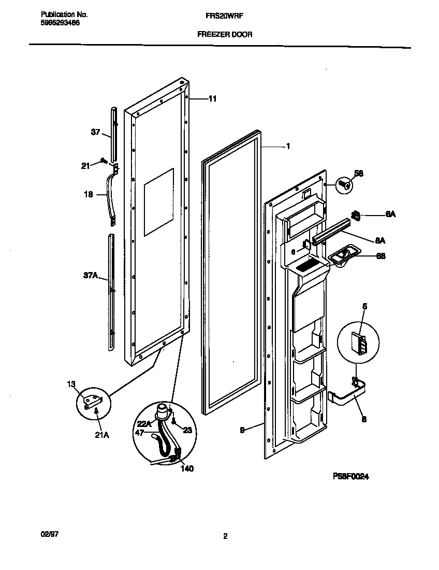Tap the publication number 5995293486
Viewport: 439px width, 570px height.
coord(60,23)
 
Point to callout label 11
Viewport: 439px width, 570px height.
coord(212,98)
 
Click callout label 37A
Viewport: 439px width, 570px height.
coord(91,276)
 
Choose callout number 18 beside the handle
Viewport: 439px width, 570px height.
coord(88,195)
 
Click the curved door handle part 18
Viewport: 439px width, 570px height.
coord(110,197)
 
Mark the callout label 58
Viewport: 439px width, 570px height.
coord(359,173)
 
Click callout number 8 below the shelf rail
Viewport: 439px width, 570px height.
coord(364,419)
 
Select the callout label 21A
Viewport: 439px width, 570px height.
coord(102,435)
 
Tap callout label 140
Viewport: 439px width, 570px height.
coord(186,468)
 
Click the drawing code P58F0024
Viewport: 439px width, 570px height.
coord(350,477)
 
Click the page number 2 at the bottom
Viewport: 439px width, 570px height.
coord(225,537)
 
